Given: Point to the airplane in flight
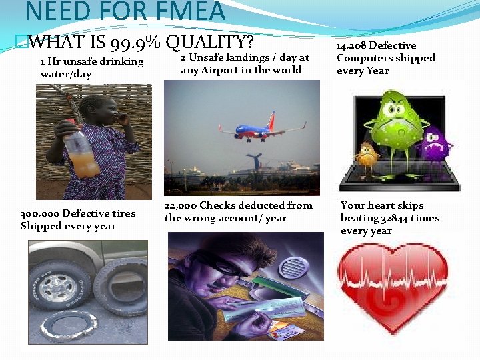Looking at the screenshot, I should tap(260, 131).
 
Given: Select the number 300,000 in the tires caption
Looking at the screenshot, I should tap(39, 213).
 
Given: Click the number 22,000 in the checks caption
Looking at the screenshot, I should tap(181, 205).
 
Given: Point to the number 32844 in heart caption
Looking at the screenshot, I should tap(397, 218).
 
